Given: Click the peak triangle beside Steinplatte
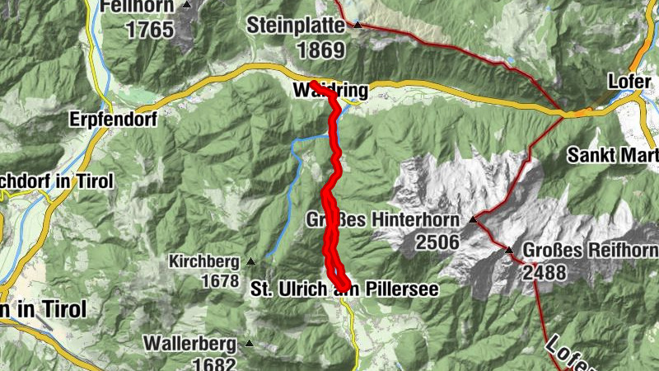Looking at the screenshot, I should coord(358,25).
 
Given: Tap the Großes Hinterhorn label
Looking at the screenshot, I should coord(382,220).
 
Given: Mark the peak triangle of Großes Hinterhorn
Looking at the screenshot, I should coord(473,220).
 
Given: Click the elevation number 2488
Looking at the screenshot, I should coord(544,271).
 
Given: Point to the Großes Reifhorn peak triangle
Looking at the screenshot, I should coord(509,250).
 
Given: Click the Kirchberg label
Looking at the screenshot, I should coord(204,262).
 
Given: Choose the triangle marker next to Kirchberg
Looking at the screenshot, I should coord(250,262).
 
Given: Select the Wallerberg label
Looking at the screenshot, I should coord(190,342).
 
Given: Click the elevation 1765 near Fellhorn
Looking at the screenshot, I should coord(150,30).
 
